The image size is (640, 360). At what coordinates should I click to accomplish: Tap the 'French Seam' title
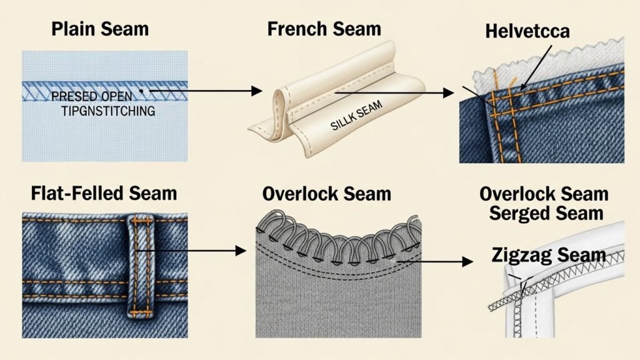click(x=324, y=29)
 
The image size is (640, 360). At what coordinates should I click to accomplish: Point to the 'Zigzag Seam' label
click(x=548, y=254)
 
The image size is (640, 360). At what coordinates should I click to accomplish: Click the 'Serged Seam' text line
click(x=546, y=212)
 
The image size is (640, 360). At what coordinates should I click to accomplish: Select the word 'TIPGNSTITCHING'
click(x=100, y=111)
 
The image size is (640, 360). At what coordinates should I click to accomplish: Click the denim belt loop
click(x=138, y=265)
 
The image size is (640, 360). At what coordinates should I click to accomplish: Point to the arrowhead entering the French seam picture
click(x=256, y=91)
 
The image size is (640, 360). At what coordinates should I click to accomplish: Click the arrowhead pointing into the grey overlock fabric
click(x=241, y=251)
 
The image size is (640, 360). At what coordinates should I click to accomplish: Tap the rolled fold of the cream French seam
click(x=279, y=103)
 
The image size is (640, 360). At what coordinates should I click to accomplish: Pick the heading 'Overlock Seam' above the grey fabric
click(x=326, y=193)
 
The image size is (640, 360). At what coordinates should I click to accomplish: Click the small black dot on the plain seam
click(x=142, y=91)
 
